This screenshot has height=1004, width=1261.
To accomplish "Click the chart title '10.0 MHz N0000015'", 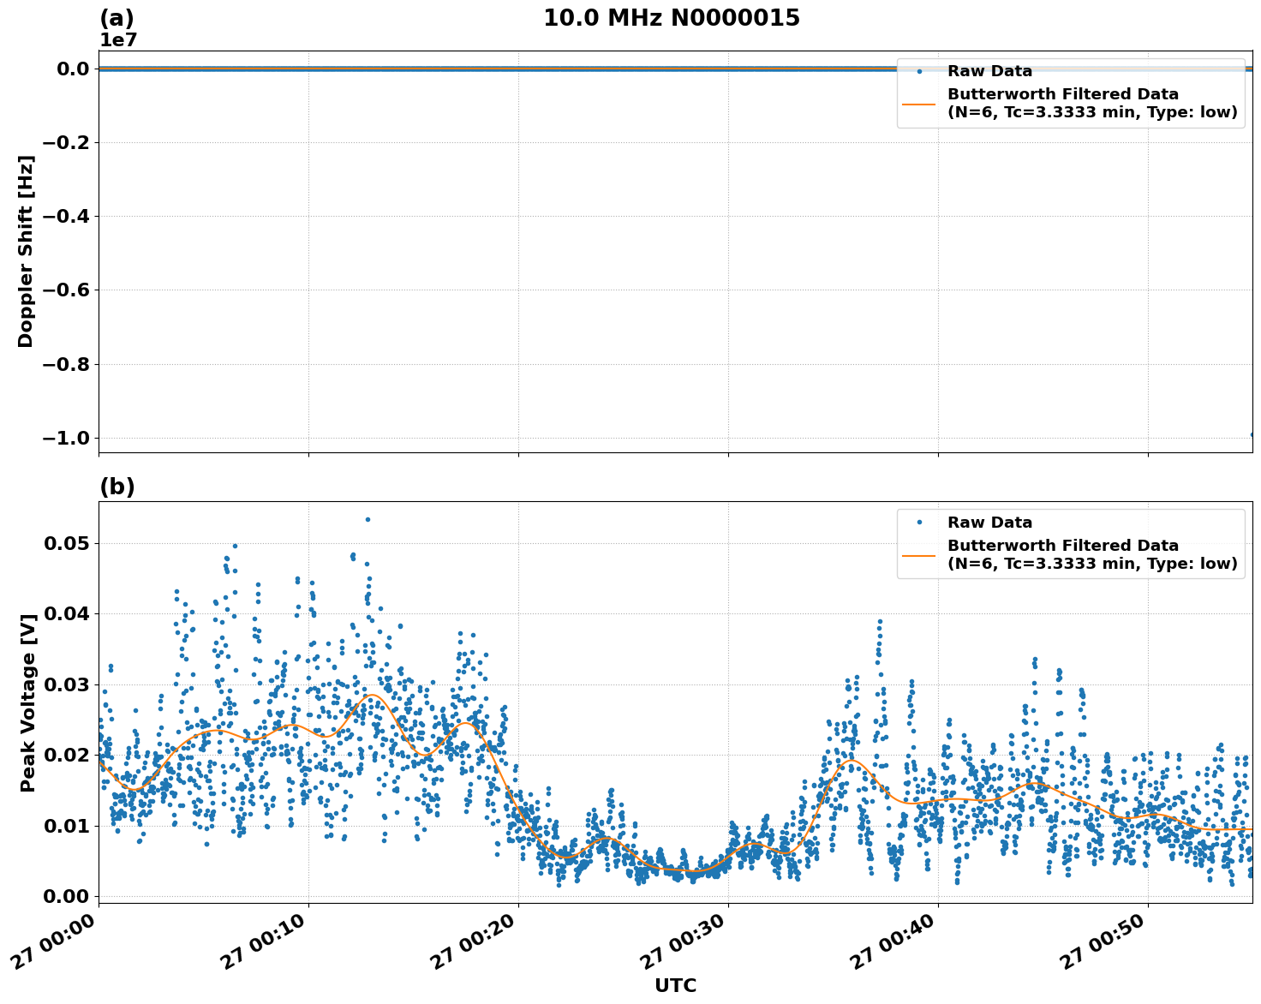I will [671, 18].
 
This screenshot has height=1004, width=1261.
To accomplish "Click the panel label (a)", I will [117, 18].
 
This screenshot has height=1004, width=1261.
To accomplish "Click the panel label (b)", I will [117, 487].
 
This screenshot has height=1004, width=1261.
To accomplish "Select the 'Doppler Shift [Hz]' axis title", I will [26, 251].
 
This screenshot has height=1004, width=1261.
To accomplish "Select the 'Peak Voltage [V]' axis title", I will [27, 702].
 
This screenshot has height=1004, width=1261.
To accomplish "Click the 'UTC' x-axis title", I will [675, 985].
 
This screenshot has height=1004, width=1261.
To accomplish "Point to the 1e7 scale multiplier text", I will [118, 40].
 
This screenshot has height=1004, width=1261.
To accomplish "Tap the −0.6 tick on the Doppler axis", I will [67, 290].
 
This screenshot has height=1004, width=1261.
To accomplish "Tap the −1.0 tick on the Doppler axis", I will [67, 439].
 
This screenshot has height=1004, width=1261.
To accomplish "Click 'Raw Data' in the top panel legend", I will [989, 71].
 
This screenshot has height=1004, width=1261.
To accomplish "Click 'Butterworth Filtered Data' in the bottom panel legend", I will [1062, 546].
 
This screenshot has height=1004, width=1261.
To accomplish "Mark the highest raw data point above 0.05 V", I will [368, 519].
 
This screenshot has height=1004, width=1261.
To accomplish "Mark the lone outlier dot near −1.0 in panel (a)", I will [1252, 434].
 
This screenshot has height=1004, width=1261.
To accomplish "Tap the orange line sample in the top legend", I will [919, 104].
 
